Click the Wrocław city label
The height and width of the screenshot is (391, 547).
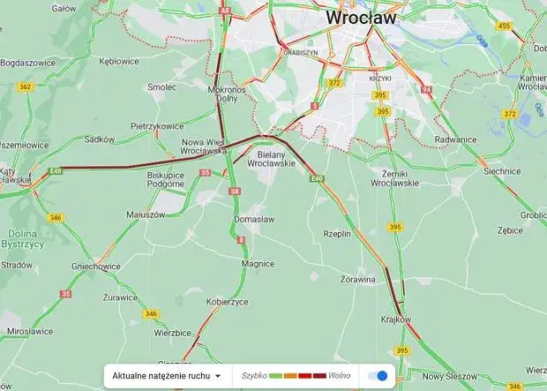(361, 18)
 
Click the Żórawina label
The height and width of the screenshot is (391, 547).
(357, 280)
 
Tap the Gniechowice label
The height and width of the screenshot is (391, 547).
(95, 266)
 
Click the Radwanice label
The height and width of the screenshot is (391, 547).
(455, 139)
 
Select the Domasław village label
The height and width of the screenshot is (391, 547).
(254, 219)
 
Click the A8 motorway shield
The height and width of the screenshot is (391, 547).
(226, 11)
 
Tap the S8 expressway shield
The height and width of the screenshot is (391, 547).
(234, 191)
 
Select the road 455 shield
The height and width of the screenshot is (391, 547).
(504, 26)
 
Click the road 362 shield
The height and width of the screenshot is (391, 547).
(25, 86)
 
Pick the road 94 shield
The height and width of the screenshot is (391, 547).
(427, 90)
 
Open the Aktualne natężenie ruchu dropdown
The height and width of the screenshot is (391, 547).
(166, 376)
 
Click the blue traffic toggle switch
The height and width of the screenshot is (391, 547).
(377, 376)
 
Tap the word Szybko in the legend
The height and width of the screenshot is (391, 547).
(254, 376)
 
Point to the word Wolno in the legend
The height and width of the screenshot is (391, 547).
(340, 376)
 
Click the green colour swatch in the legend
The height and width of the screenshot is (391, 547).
(275, 376)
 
